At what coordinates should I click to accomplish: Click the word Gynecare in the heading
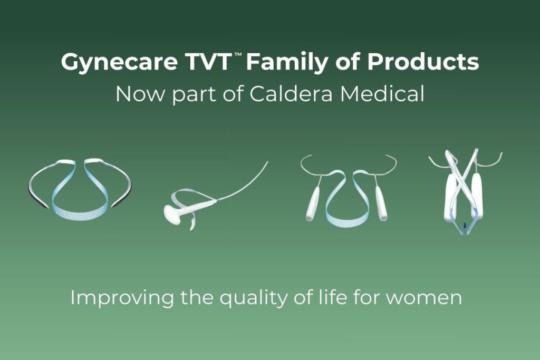click(x=119, y=63)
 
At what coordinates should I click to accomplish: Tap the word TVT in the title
click(x=208, y=62)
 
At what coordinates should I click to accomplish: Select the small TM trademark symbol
click(x=238, y=55)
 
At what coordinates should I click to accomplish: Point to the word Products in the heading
click(x=423, y=62)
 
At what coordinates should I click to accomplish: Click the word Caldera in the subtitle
click(x=291, y=94)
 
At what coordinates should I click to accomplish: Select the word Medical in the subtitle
click(x=382, y=93)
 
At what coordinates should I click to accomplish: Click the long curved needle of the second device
click(x=243, y=183)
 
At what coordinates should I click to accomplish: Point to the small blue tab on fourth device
click(x=464, y=226)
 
